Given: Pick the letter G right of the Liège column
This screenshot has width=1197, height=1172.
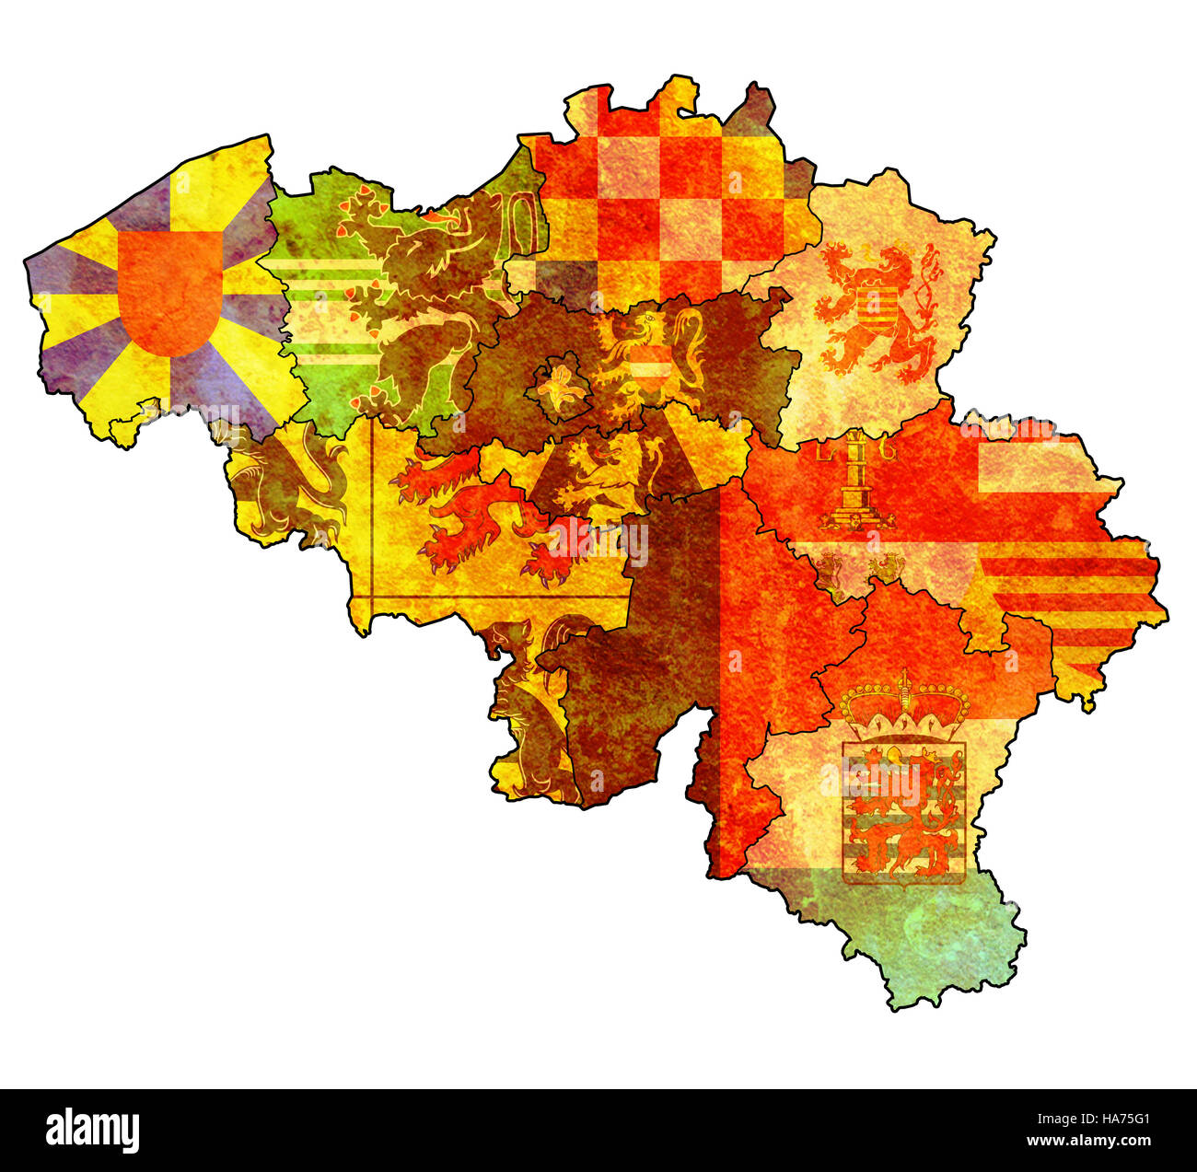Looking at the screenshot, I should click(x=889, y=450).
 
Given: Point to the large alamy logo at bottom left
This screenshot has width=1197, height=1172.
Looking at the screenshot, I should click(x=93, y=1130).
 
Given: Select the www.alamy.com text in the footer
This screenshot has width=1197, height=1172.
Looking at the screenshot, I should click(x=1090, y=1143).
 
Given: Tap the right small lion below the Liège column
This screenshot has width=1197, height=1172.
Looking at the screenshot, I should click(x=888, y=566).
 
